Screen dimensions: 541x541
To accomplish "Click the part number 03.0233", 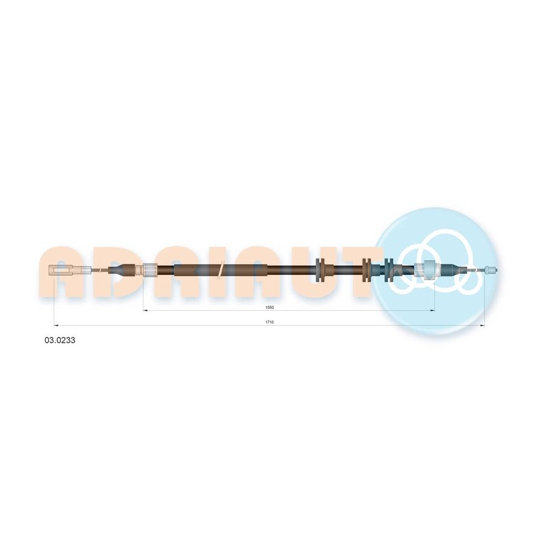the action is tap(60, 340).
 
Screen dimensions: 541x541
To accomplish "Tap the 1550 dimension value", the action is tap(269, 307).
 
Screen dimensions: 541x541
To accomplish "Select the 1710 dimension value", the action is tap(269, 322).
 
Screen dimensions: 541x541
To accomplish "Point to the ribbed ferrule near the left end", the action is tap(150, 270).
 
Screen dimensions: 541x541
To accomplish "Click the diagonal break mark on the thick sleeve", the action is tap(220, 270).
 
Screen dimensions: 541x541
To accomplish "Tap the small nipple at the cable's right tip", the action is tap(491, 270).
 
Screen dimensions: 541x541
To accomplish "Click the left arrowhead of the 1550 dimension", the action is tap(145, 311).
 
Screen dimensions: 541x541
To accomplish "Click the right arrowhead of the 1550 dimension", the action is tap(432, 311).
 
